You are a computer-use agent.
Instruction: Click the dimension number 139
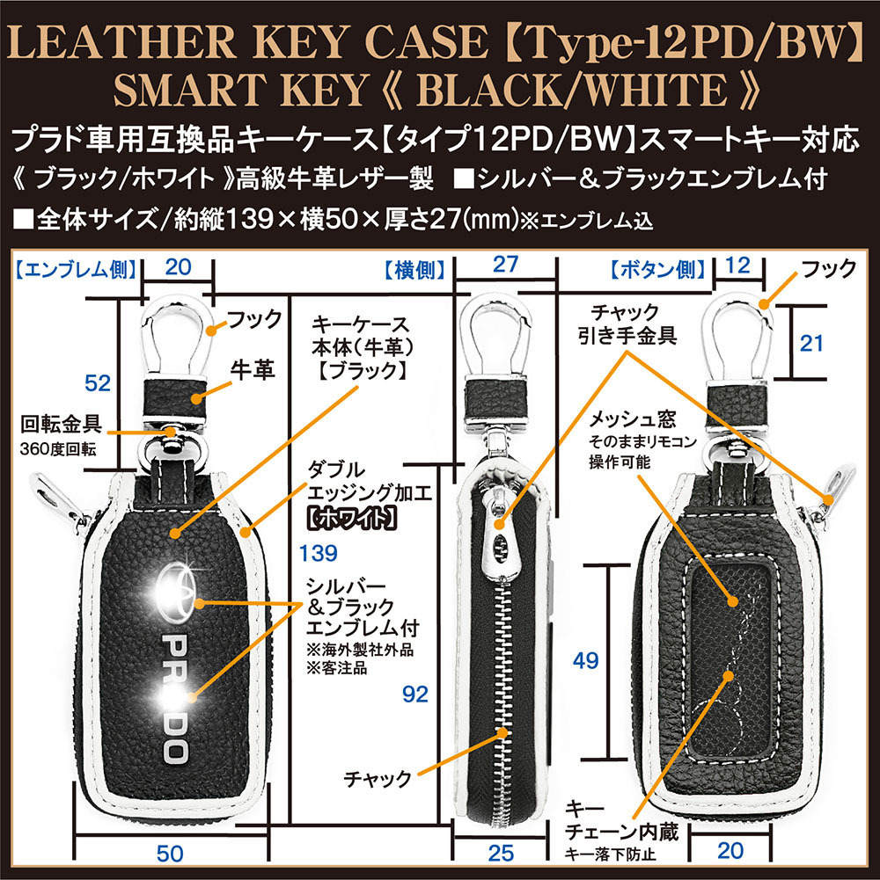[x=318, y=553]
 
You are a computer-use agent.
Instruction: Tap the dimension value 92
[x=414, y=695]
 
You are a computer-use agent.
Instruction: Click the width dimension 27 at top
[x=506, y=264]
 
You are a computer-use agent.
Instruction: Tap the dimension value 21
[x=810, y=344]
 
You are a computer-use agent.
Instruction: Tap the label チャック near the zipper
[x=379, y=779]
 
